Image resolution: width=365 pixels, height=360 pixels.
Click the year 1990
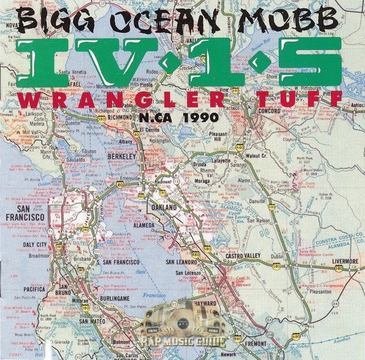click(201, 117)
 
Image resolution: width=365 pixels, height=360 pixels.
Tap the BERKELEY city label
click(121, 156)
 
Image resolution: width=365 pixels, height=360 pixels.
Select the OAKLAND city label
click(164, 207)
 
